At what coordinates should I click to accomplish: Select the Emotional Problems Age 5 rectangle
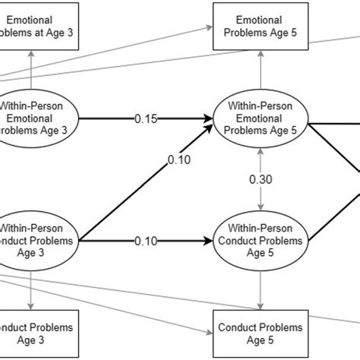click(x=261, y=27)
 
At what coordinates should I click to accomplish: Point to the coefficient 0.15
click(x=147, y=118)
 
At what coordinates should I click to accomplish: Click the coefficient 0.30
click(x=261, y=180)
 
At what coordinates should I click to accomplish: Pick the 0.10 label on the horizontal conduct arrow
click(x=147, y=242)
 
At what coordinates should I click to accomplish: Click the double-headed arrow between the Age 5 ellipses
click(x=261, y=197)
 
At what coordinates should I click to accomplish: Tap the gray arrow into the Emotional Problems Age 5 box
click(x=261, y=72)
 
